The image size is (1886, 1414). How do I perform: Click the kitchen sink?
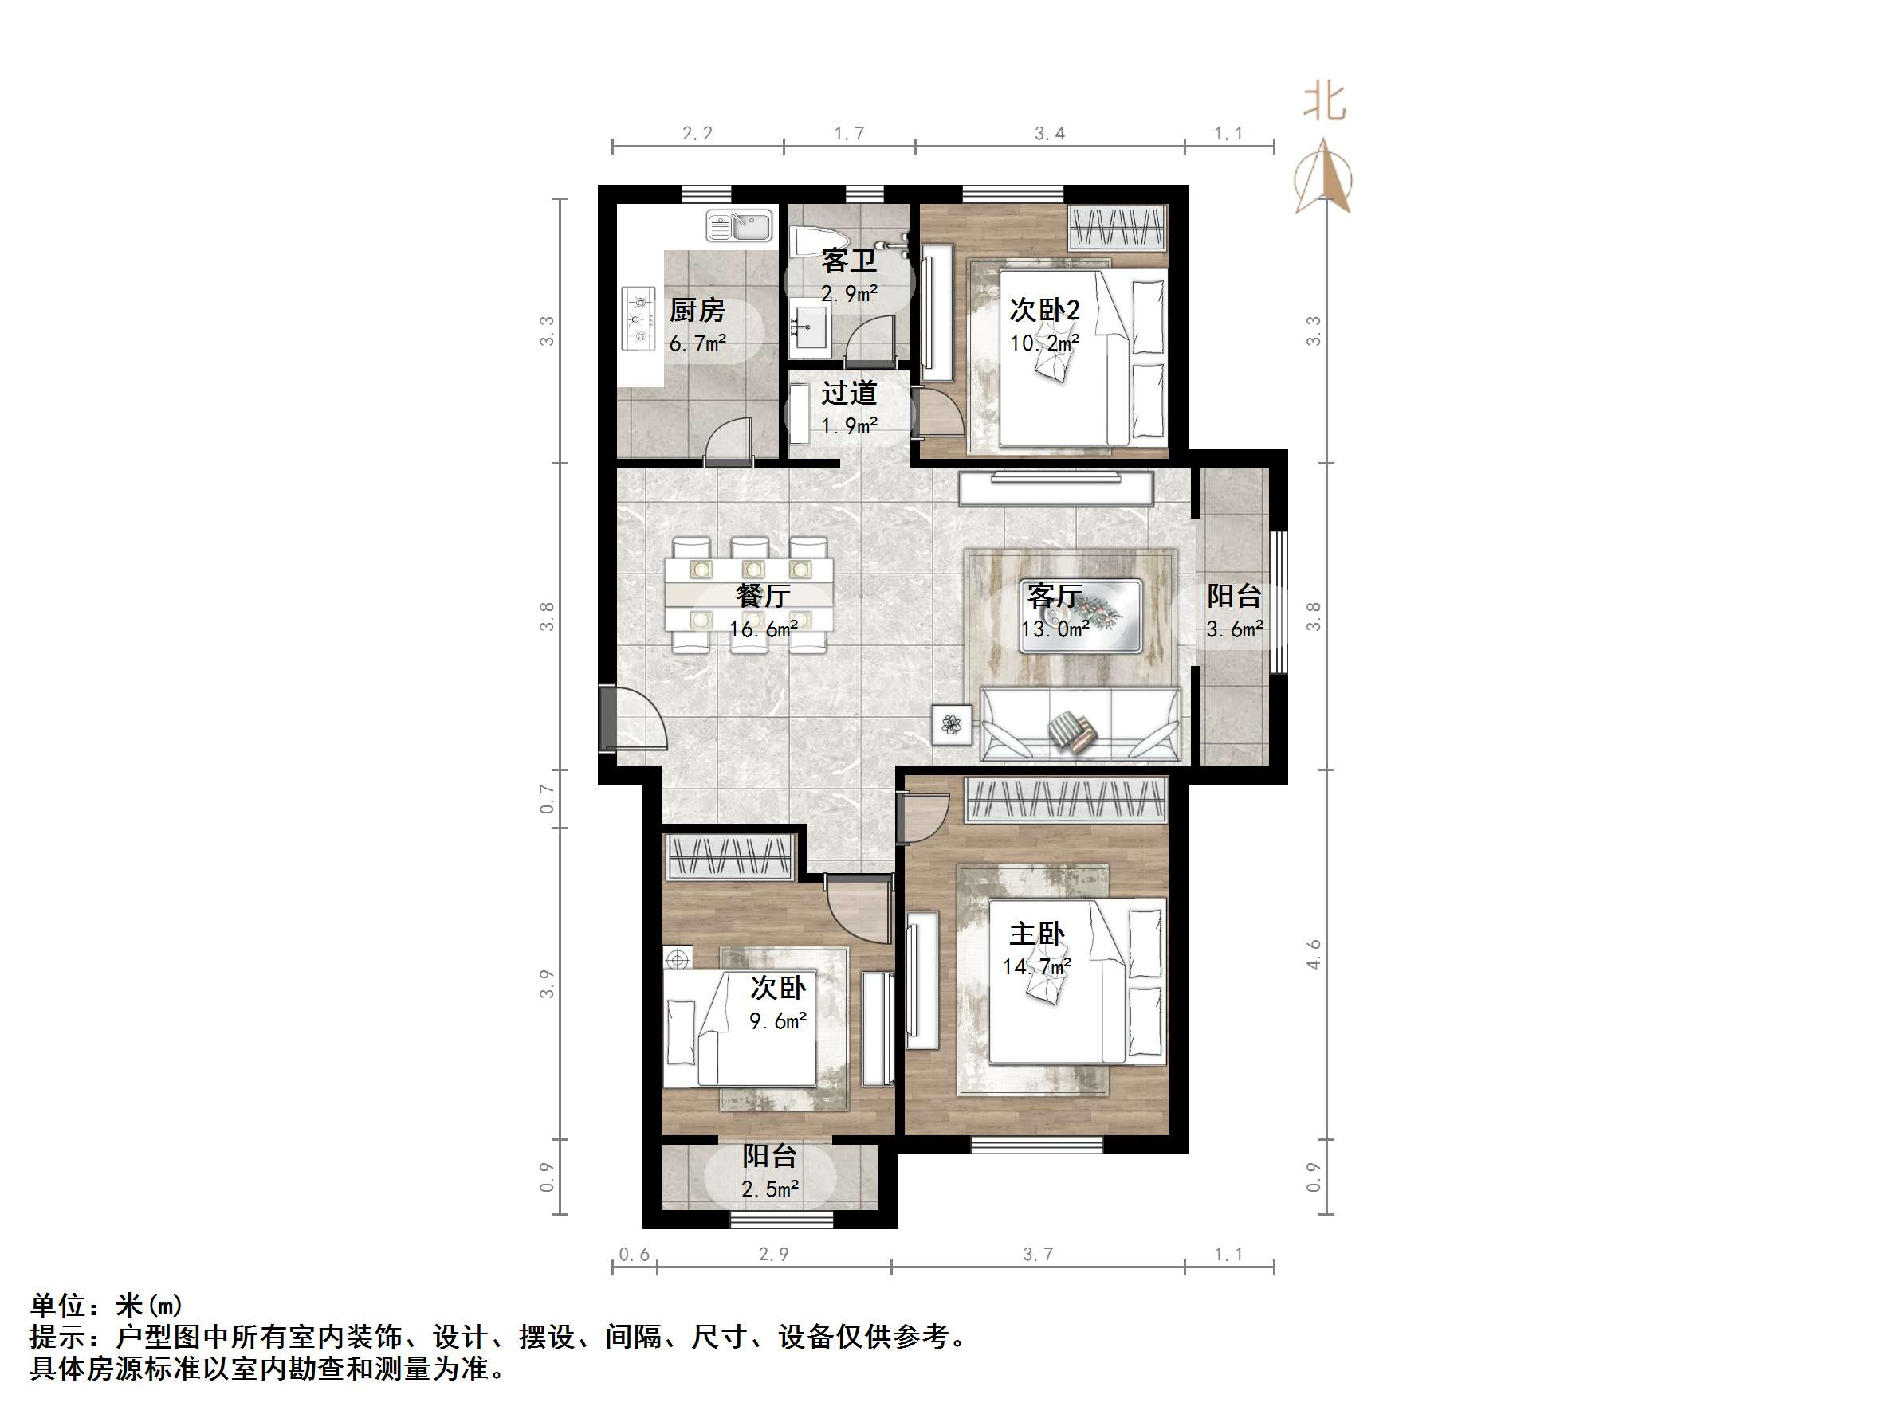point(739,227)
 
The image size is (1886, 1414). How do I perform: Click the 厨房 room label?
point(697,310)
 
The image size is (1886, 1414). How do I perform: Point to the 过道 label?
point(848,393)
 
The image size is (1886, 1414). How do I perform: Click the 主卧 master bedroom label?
point(1037,934)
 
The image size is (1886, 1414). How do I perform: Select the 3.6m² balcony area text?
point(1234,630)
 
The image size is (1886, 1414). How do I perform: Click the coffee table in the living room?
point(1080,615)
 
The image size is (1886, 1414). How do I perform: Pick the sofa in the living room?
point(1080,724)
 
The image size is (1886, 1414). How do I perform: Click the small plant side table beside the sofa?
point(952,724)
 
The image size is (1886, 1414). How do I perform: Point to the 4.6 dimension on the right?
point(1314,954)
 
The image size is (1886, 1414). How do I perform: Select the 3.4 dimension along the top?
point(1050,134)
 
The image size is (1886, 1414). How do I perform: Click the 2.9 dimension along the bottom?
point(773,1255)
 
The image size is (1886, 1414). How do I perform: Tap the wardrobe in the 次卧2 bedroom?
point(1118,227)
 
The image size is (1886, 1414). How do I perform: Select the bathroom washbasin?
point(808,328)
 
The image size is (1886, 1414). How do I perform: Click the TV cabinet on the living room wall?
point(1055,488)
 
